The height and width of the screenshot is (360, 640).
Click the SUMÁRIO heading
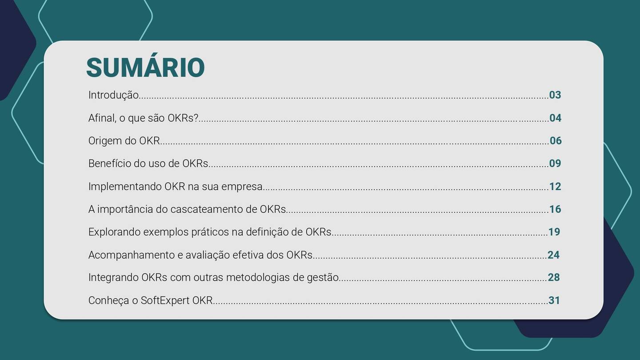click(145, 68)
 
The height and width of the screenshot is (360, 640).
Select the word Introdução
click(113, 95)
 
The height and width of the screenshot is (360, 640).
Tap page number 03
click(555, 95)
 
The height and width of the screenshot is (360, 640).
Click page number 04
click(555, 118)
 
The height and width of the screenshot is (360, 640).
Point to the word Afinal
click(101, 118)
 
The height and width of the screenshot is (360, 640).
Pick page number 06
click(556, 140)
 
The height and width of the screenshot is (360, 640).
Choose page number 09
click(555, 163)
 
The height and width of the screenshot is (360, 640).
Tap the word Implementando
click(125, 187)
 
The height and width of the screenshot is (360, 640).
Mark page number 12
click(555, 186)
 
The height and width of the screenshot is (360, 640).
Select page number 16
click(555, 209)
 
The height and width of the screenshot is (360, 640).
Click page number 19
click(554, 232)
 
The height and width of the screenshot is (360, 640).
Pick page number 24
click(553, 255)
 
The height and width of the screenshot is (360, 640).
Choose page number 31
click(554, 300)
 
